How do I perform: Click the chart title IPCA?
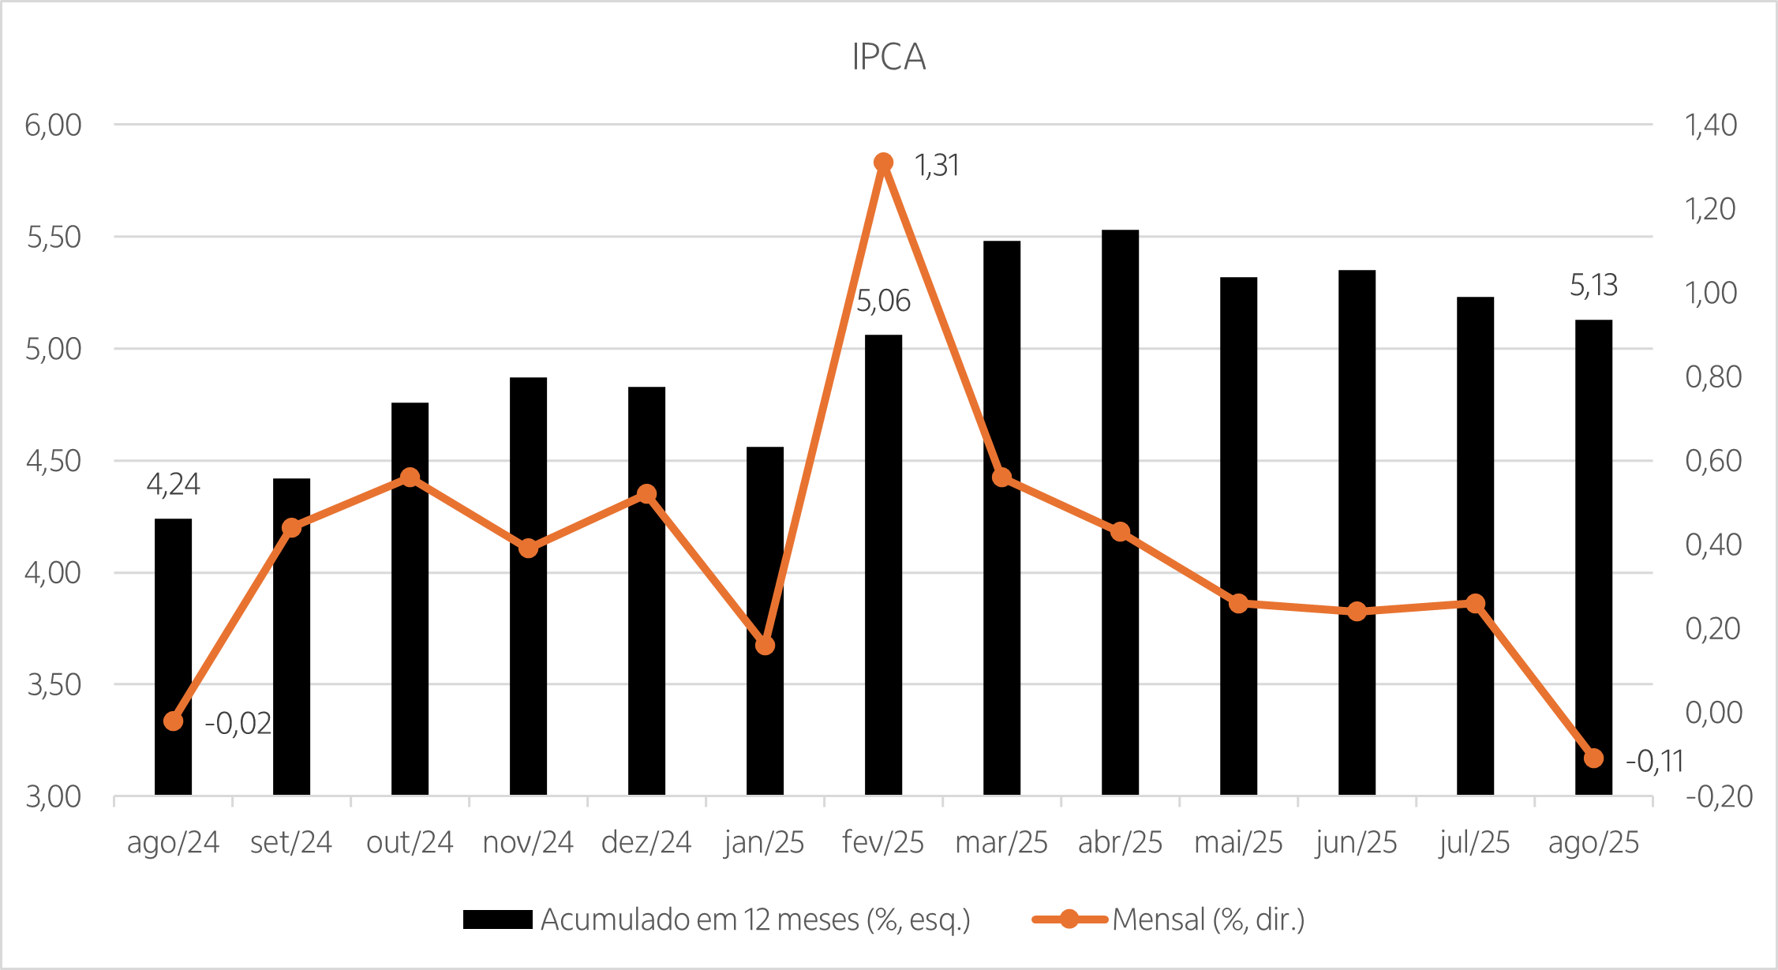889,57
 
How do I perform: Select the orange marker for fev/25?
883,163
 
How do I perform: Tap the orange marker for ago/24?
174,721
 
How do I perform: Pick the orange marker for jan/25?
765,646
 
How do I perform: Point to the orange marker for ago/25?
1593,758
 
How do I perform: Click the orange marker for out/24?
410,478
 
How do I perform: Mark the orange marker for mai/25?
1238,604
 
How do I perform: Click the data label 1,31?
937,166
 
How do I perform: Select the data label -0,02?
238,724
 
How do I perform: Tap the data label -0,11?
1654,762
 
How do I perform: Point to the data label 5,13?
1593,286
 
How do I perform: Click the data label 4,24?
174,485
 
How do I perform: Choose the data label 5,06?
883,301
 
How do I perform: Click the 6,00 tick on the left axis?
53,125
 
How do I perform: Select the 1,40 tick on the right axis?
1711,125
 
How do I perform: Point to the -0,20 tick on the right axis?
1719,797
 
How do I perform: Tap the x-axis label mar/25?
1001,843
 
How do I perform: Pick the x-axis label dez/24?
646,843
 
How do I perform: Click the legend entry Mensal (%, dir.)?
1207,920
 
